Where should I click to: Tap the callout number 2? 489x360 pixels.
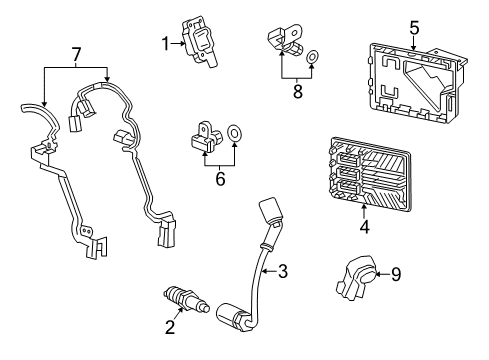(169, 326)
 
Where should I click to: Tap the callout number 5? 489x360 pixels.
(413, 28)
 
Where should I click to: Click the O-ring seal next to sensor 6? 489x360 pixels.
(236, 131)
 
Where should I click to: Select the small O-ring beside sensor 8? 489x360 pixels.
(312, 57)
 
